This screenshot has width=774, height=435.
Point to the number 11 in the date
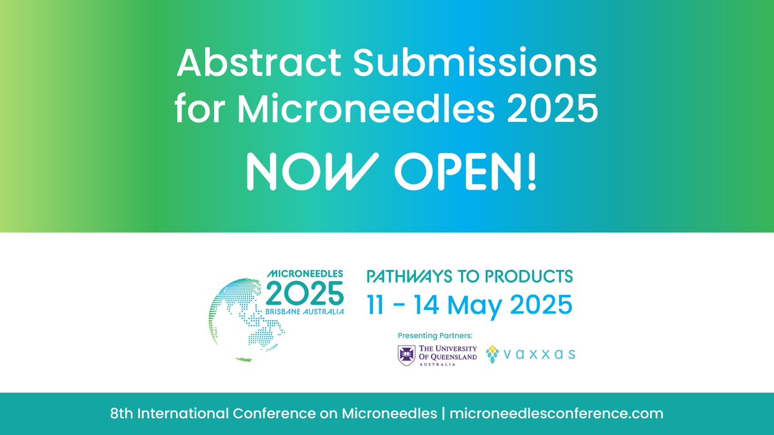(x=377, y=303)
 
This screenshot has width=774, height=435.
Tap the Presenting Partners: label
(x=435, y=334)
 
